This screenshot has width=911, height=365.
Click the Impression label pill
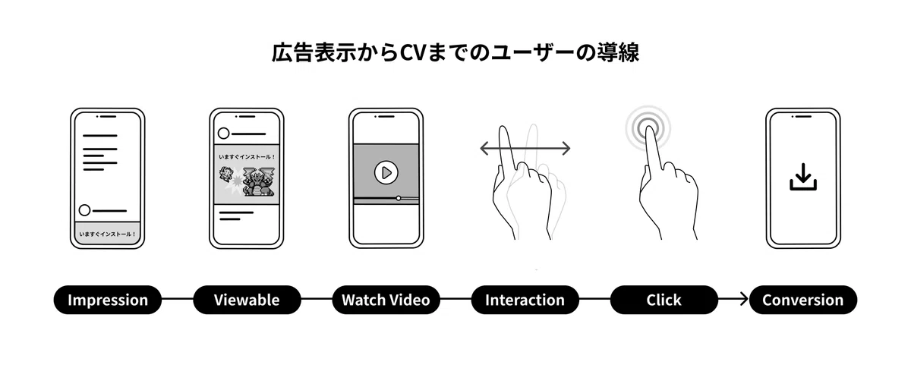[x=107, y=300]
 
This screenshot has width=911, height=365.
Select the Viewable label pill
[x=247, y=300]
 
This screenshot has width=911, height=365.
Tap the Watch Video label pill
[x=386, y=300]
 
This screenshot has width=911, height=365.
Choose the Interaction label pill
[x=525, y=300]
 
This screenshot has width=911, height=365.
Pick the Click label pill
[x=664, y=300]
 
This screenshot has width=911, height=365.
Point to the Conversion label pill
[x=803, y=300]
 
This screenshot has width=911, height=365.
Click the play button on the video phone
[x=386, y=173]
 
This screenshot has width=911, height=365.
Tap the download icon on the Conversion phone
[x=803, y=177]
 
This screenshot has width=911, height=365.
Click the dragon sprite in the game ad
[x=259, y=181]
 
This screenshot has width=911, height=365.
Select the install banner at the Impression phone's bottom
[x=107, y=232]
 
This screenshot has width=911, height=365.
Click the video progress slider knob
[x=399, y=198]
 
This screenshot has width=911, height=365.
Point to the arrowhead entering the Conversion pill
[x=744, y=299]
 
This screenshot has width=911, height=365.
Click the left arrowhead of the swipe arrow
[x=484, y=149]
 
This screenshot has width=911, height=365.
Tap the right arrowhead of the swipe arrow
[x=566, y=149]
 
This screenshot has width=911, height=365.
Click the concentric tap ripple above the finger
[x=648, y=128]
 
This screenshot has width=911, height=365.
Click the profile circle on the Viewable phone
[x=224, y=134]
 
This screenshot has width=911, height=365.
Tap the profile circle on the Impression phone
[x=84, y=210]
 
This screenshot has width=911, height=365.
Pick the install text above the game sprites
[x=247, y=157]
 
